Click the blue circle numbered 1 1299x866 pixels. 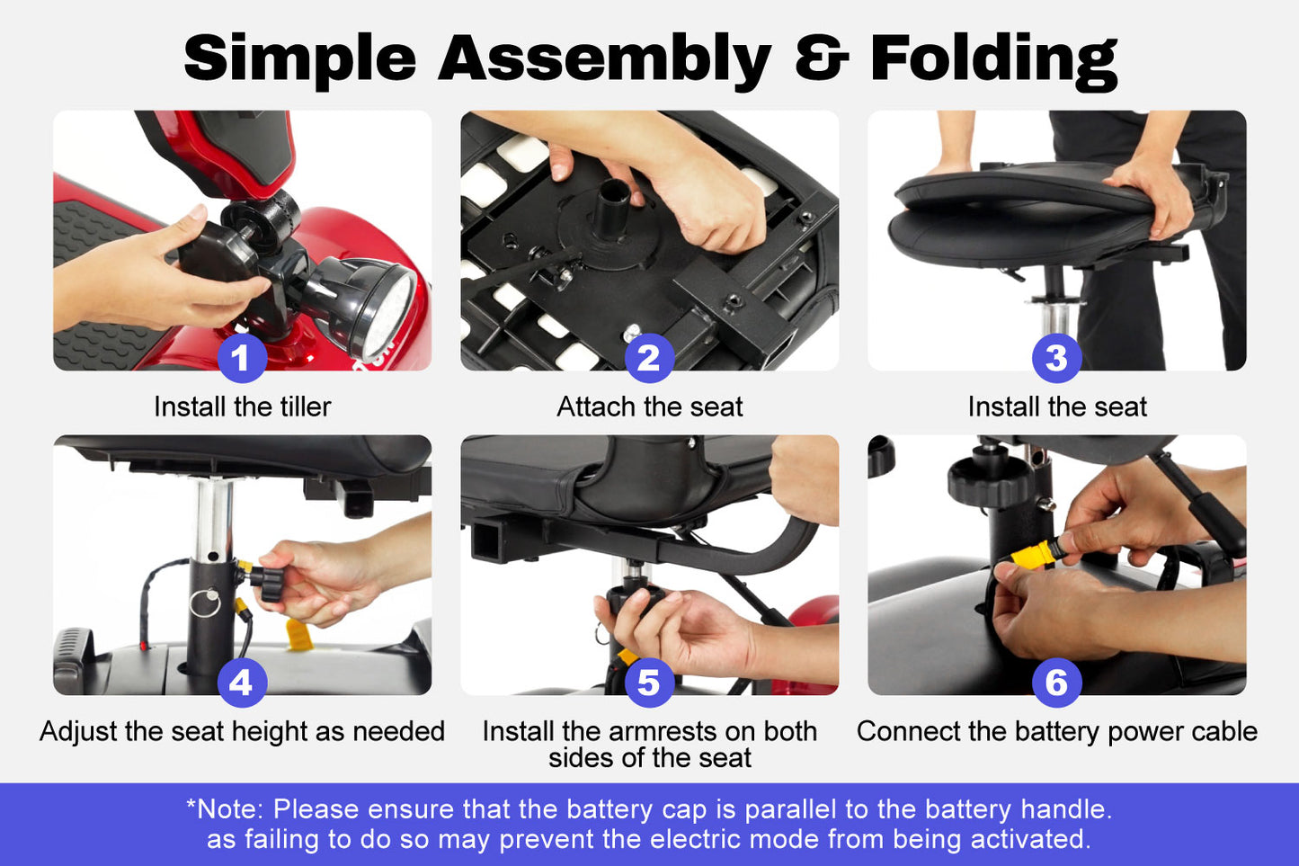[x=242, y=358]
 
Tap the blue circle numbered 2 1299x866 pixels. [x=649, y=358]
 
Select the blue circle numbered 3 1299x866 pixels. [x=1056, y=358]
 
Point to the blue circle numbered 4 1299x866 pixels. [x=242, y=683]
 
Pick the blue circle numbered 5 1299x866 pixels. [x=649, y=683]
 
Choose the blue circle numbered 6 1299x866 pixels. [x=1056, y=683]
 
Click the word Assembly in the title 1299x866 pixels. [x=605, y=60]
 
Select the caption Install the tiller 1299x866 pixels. [x=243, y=406]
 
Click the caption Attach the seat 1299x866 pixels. [x=649, y=406]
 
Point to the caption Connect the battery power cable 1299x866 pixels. [x=1056, y=731]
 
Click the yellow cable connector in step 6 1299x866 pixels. [x=1032, y=554]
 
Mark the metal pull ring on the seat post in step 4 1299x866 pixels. [x=205, y=603]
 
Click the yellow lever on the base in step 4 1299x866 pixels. [x=299, y=635]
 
